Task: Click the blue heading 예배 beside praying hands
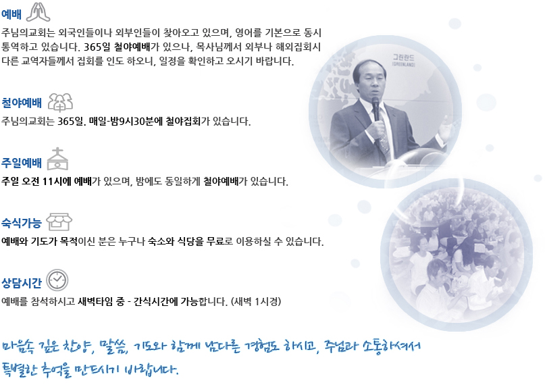tap(11, 14)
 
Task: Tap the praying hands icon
tap(38, 12)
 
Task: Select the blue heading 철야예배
tap(22, 103)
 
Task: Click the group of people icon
tap(60, 103)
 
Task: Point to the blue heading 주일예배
tap(22, 163)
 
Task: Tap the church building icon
tap(57, 159)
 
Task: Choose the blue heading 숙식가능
tap(22, 223)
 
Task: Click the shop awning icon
tap(59, 222)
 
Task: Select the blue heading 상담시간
tap(22, 283)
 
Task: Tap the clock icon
tap(57, 280)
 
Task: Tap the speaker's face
tap(369, 82)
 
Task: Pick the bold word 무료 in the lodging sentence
tap(215, 242)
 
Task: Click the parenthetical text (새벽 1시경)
tap(256, 301)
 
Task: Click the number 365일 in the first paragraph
tap(97, 47)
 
